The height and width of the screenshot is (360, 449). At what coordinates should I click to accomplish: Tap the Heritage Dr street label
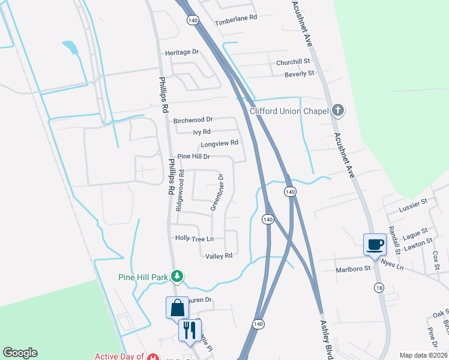tap(182, 52)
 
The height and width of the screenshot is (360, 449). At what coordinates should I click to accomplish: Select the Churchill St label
tap(293, 62)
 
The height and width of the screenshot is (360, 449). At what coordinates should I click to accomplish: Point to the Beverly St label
tap(299, 73)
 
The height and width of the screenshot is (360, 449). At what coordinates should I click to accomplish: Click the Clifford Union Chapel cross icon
tap(339, 110)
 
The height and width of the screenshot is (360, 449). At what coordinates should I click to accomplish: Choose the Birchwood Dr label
tap(193, 121)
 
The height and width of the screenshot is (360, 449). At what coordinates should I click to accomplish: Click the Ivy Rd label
tap(202, 131)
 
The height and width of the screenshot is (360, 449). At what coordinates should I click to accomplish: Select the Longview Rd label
tap(220, 143)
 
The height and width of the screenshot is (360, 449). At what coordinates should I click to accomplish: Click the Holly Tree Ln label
tap(194, 238)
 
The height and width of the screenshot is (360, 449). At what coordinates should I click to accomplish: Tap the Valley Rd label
tap(218, 256)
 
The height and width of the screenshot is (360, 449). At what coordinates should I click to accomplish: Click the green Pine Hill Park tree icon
tap(176, 276)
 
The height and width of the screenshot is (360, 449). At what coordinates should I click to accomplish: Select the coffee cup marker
tap(375, 244)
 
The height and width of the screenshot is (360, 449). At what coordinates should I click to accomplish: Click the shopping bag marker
tap(177, 307)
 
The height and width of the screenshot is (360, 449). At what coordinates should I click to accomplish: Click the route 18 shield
tap(379, 288)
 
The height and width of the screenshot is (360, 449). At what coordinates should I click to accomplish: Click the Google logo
tap(20, 353)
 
